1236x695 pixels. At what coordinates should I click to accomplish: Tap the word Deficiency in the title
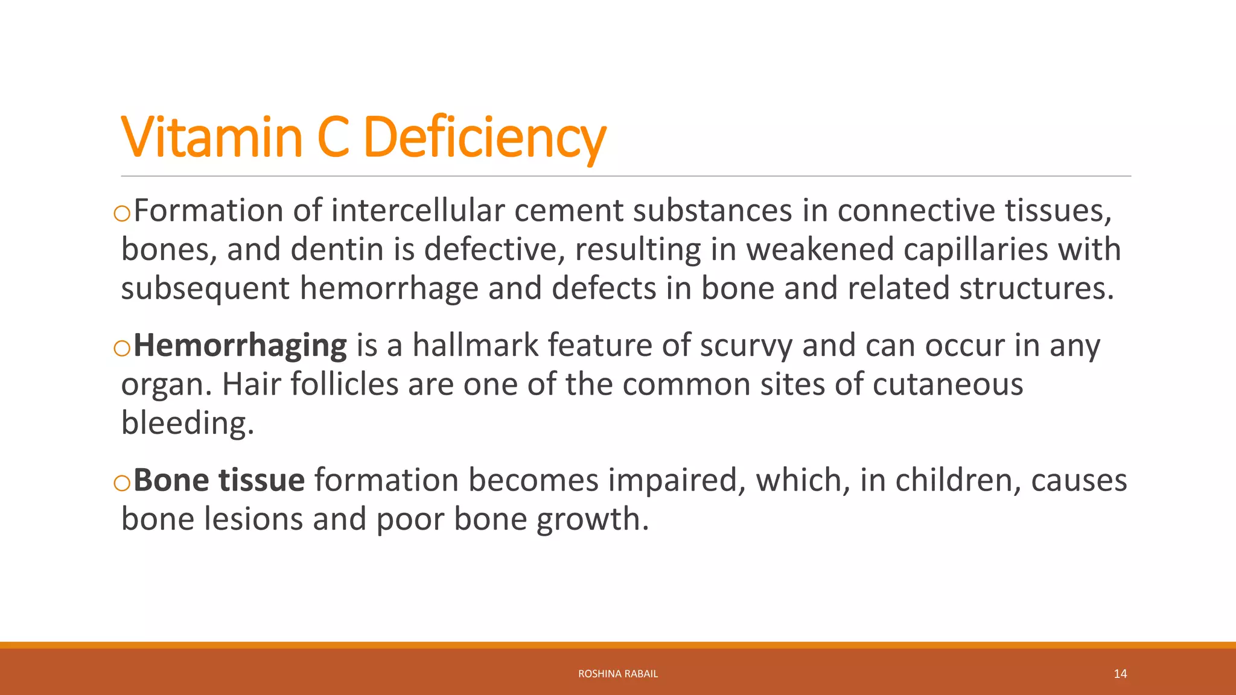coord(484,138)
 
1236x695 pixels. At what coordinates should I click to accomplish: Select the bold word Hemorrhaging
coord(240,346)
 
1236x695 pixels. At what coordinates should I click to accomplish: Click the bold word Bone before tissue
coord(171,480)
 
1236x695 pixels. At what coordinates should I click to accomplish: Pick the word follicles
coord(345,384)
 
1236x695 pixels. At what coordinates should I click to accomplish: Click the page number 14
coord(1120,674)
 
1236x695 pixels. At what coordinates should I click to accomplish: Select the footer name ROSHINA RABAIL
coord(618,674)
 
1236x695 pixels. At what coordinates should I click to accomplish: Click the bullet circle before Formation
coord(122,214)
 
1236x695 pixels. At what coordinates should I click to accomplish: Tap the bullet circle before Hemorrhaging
coord(122,349)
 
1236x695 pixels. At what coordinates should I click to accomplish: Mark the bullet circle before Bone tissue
coord(122,483)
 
